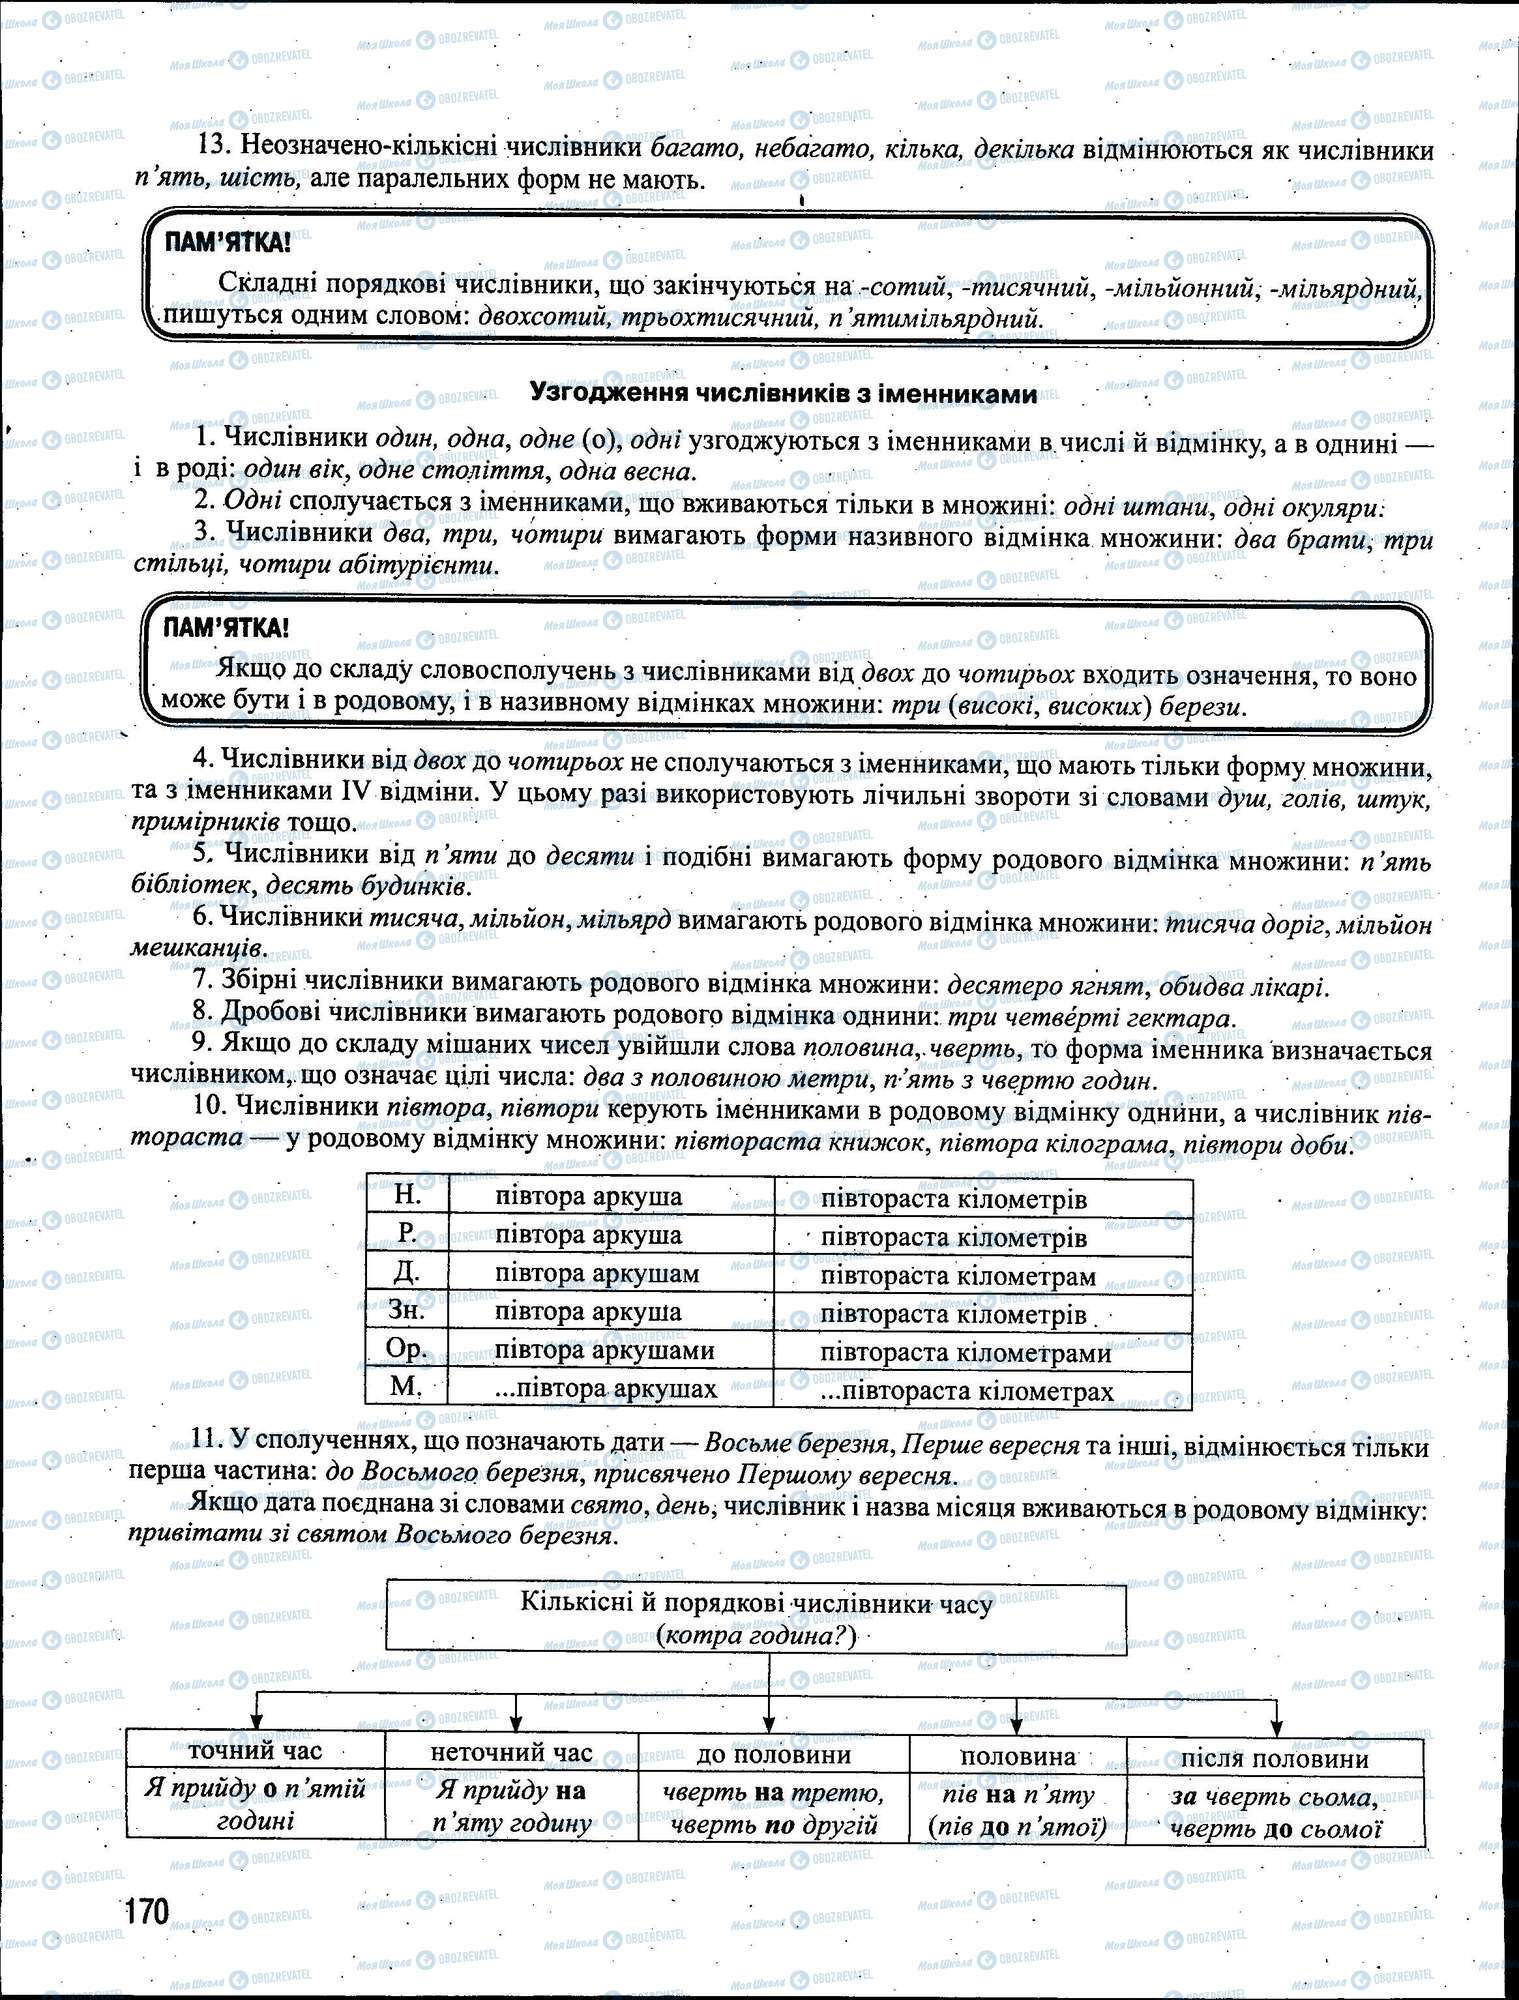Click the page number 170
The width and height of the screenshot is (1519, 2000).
click(148, 1911)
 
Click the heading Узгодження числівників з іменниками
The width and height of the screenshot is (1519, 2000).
click(782, 394)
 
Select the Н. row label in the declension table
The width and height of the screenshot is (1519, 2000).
click(407, 1196)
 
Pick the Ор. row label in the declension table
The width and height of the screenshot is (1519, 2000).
click(407, 1349)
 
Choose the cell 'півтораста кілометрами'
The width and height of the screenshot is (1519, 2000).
click(965, 1352)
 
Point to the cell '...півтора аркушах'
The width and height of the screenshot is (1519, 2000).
click(606, 1389)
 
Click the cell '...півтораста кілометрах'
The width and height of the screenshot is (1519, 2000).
click(967, 1391)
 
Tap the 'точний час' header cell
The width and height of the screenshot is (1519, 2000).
click(256, 1750)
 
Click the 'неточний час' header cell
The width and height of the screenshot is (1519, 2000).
click(512, 1752)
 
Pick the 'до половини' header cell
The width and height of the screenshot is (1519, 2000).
click(774, 1754)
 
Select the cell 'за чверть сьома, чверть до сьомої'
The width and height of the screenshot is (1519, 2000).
click(1275, 1813)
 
